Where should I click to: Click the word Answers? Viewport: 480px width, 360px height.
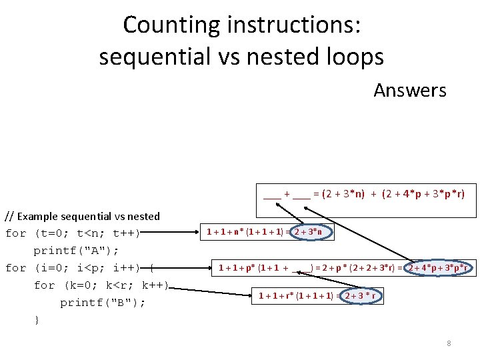point(409,90)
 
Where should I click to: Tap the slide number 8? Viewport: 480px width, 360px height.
point(449,343)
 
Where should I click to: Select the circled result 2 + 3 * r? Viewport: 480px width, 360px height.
point(363,295)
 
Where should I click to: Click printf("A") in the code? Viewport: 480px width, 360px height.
point(76,251)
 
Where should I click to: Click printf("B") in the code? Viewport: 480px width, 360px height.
point(103,303)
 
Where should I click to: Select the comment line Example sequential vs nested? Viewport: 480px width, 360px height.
point(83,216)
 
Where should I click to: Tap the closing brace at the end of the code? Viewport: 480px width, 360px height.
point(37,320)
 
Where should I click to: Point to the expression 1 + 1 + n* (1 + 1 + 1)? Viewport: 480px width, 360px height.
point(245,232)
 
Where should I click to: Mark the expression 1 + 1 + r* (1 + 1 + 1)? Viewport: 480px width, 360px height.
point(296,295)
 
